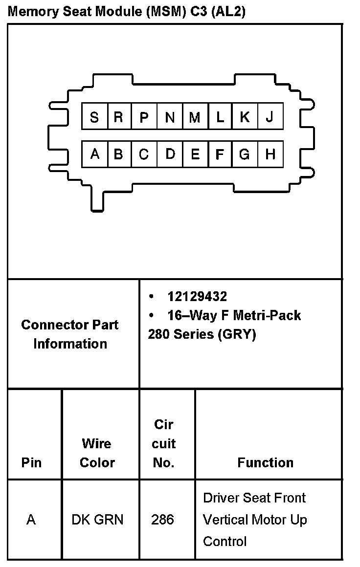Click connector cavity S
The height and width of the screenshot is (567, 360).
94,117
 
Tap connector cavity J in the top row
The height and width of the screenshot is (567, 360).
270,117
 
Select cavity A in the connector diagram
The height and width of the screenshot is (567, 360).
95,154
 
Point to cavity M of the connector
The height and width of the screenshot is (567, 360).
195,117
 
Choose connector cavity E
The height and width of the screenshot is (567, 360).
195,154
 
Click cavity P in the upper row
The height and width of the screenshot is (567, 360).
144,117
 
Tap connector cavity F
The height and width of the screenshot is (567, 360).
220,154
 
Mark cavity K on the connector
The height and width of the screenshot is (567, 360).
245,117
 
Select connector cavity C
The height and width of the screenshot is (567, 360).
144,154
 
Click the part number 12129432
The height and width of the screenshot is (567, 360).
197,297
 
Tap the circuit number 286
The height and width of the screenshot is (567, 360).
162,520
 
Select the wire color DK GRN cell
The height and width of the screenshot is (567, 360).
97,520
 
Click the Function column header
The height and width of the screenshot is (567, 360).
266,462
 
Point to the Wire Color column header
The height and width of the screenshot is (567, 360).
97,453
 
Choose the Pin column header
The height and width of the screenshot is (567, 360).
31,462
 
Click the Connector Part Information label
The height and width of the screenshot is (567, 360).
70,334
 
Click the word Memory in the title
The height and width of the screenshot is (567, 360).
32,12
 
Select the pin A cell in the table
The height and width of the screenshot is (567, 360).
31,520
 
